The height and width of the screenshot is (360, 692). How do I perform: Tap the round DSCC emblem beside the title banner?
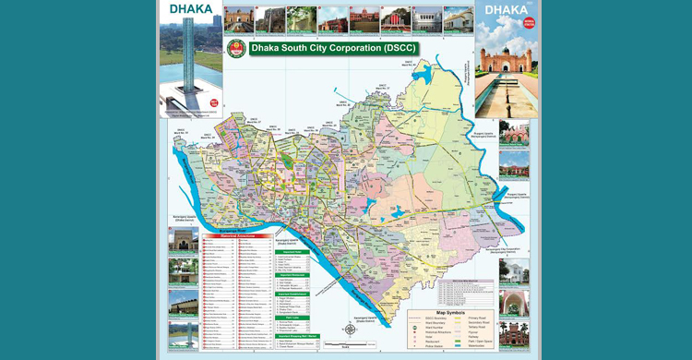(x=235, y=48)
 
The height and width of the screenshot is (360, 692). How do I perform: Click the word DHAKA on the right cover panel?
(x=507, y=11)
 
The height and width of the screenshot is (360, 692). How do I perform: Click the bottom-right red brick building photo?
(x=514, y=331)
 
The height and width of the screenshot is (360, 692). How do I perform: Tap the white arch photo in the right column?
(x=514, y=302)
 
